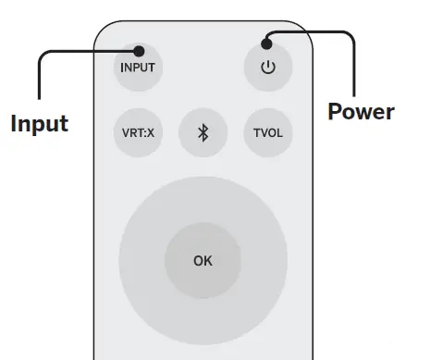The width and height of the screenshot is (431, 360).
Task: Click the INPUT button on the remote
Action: point(137,67)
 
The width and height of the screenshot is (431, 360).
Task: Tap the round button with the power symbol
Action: point(268,68)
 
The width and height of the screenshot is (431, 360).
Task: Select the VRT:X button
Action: point(138,132)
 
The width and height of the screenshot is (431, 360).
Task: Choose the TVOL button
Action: point(268,132)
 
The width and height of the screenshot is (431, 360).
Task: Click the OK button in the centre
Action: point(203,261)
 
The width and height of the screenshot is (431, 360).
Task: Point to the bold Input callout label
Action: point(39,123)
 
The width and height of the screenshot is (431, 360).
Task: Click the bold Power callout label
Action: point(361,112)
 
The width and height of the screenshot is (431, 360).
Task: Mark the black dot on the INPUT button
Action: point(138,51)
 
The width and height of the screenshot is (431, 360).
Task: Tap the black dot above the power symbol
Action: point(268,41)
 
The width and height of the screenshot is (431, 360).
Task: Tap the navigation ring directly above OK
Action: point(203,199)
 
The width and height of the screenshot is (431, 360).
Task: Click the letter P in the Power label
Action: point(336,112)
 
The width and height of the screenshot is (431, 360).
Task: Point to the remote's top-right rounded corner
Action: point(302,32)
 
